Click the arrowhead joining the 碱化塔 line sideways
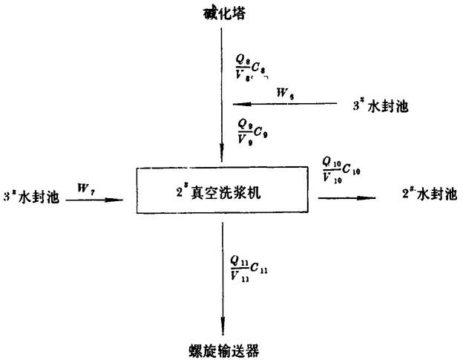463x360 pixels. (x=237, y=104)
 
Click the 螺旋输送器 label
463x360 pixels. (x=220, y=348)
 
